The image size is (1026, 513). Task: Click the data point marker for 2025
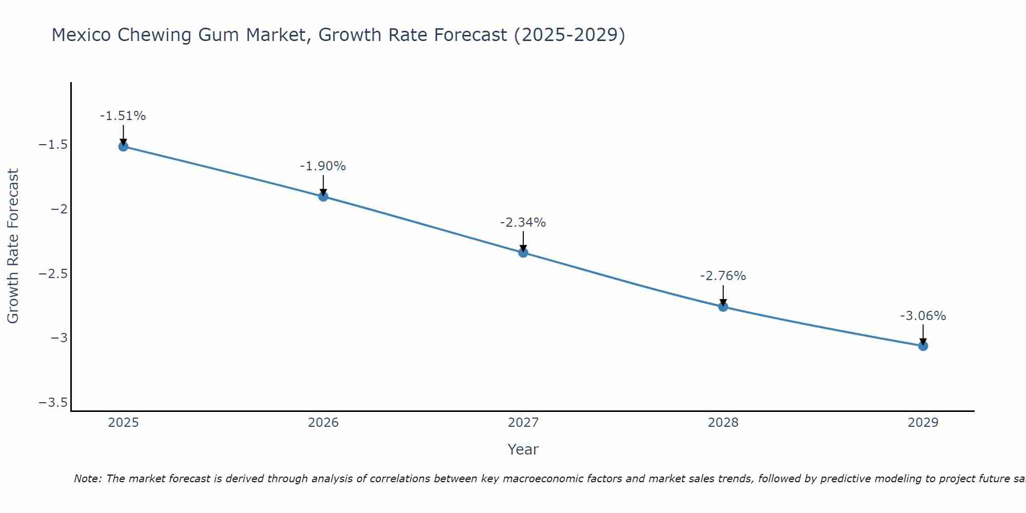click(x=123, y=147)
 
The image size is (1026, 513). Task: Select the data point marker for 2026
click(x=323, y=196)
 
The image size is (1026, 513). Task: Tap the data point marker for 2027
click(x=523, y=252)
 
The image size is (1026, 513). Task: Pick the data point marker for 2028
click(x=723, y=307)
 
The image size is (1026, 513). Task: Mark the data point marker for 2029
click(x=923, y=346)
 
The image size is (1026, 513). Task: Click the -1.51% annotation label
click(x=123, y=116)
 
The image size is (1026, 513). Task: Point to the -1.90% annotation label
click(x=323, y=166)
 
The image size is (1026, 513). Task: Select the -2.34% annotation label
click(x=523, y=223)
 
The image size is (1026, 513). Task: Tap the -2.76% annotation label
click(x=723, y=276)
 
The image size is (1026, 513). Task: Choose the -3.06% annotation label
click(x=923, y=316)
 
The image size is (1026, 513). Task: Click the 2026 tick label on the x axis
click(x=323, y=423)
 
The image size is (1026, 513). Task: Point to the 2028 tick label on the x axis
click(x=723, y=423)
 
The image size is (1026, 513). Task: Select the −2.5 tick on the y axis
click(x=53, y=273)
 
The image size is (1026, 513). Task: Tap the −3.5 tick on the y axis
click(x=53, y=402)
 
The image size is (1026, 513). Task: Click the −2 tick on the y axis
click(x=59, y=209)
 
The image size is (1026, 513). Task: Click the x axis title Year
click(x=523, y=450)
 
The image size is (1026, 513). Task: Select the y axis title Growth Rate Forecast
click(x=13, y=246)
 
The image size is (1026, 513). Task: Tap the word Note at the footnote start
click(x=88, y=479)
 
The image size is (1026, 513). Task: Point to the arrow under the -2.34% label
click(x=523, y=241)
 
